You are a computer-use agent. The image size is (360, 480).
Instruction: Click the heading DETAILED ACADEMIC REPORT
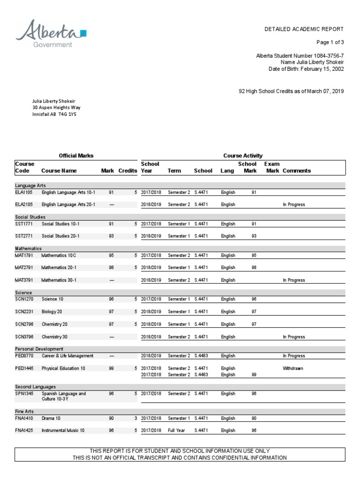coord(304,29)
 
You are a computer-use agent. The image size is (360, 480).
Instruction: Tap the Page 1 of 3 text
coord(330,42)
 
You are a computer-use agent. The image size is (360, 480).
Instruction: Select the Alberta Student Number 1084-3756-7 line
coord(300,56)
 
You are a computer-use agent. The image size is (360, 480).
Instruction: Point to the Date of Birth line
coord(307,69)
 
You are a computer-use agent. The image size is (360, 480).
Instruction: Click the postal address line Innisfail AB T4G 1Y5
coord(54,114)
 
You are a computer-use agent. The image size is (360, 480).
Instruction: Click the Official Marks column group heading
coord(76,156)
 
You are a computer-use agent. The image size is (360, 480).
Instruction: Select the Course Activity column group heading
coord(243,156)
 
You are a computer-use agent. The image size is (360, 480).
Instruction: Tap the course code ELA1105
coord(24,192)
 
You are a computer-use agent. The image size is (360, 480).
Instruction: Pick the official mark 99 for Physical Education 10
coord(111,368)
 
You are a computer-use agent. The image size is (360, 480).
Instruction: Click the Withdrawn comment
coord(293,368)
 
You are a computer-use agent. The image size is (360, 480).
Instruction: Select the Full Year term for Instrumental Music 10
coord(177,430)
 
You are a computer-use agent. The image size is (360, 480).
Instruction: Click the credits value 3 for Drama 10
coord(135,418)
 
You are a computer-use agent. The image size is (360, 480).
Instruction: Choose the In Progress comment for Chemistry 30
coord(293,337)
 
